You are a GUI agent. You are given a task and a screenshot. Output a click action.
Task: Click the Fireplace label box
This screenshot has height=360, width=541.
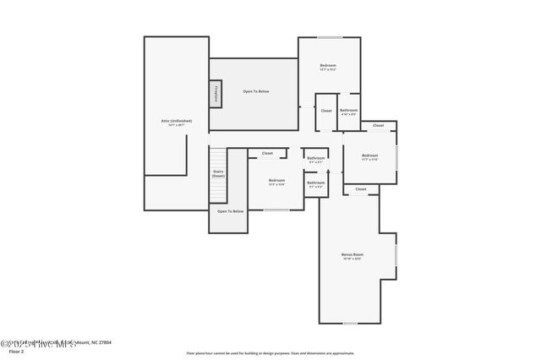[x=216, y=95]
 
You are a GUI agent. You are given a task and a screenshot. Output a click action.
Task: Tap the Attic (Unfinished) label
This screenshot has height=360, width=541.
[x=177, y=123]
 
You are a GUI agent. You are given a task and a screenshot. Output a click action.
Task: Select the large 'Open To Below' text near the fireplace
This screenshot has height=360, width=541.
[x=255, y=91]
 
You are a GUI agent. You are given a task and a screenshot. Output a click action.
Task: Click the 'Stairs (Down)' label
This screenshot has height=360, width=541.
[x=218, y=173]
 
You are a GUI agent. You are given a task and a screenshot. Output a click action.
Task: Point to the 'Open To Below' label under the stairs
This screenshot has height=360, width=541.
[x=230, y=211]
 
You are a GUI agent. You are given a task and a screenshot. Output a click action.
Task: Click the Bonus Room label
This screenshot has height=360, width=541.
[x=352, y=256]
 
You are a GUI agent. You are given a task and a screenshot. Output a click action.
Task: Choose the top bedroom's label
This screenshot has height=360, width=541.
[x=328, y=68]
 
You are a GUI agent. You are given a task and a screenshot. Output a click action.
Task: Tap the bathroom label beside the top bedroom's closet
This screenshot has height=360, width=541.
[x=348, y=112]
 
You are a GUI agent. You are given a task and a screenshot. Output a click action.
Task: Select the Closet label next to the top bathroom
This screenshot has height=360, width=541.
[x=326, y=111]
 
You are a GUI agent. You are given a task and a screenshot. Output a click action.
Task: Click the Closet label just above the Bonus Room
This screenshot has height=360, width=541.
[x=360, y=189]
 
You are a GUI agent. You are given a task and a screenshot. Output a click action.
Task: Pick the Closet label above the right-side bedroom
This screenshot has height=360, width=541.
[x=378, y=125]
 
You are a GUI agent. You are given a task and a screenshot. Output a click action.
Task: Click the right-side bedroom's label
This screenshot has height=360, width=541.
[x=369, y=157]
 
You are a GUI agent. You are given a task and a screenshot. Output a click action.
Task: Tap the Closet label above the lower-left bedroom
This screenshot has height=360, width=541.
[x=267, y=153]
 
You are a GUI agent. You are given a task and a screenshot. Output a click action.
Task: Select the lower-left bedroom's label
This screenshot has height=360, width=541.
[x=276, y=182]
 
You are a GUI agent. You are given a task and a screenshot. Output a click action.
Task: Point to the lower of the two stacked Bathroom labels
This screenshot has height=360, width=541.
[x=316, y=184]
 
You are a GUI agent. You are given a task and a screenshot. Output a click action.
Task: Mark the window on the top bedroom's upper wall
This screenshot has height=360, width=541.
[x=329, y=37]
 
